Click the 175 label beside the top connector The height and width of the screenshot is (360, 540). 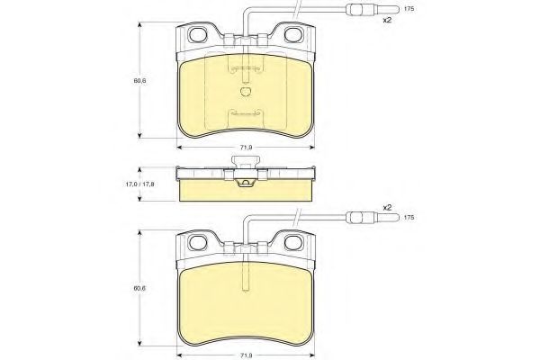409,9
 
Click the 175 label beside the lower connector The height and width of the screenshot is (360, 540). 409,218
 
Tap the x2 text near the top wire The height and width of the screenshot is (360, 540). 387,20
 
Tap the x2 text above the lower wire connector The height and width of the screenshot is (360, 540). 387,207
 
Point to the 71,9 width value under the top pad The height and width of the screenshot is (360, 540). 246,147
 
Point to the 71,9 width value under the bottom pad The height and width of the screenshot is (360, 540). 246,356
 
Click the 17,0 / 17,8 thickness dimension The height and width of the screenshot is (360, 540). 139,184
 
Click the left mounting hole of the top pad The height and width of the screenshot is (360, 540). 198,34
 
